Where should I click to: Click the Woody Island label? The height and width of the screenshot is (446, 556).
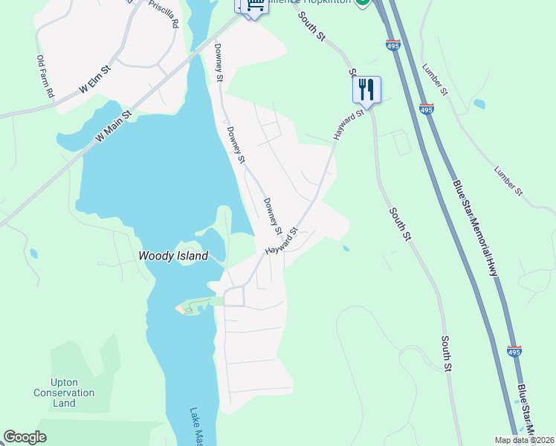click(x=173, y=256)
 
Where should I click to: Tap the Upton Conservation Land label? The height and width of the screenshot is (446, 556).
click(x=65, y=392)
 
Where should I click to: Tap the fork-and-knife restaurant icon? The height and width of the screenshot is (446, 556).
click(x=366, y=90)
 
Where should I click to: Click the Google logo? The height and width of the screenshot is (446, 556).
click(x=25, y=437)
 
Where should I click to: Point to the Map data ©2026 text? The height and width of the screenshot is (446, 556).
click(x=524, y=440)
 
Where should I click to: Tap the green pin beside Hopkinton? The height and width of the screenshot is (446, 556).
click(x=362, y=2)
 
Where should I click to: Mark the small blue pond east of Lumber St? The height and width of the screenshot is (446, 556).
click(x=479, y=104)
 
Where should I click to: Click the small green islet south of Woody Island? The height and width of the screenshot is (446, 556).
click(x=184, y=308)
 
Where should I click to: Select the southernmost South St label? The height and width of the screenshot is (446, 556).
click(x=446, y=354)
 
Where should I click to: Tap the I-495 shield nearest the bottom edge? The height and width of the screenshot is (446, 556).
click(x=514, y=351)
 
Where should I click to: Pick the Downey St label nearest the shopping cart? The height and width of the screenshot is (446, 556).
click(x=219, y=62)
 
